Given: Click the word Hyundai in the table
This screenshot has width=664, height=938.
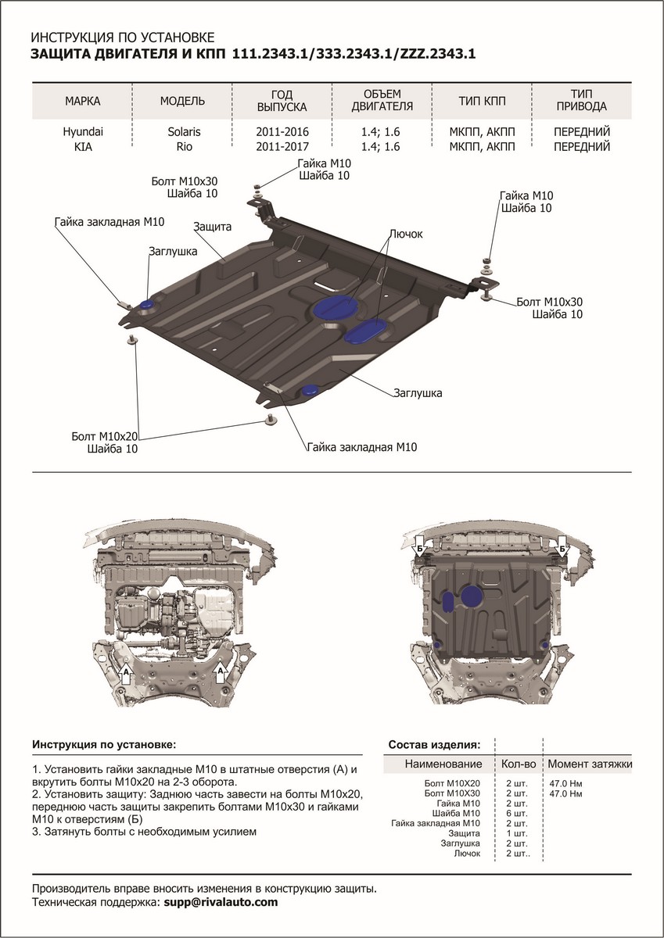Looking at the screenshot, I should coord(83,132).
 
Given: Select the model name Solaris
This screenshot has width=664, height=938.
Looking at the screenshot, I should coord(184,132).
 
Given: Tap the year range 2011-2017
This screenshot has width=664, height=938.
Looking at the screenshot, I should coord(282,147).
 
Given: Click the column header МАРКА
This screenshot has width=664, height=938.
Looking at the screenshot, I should coord(83,102).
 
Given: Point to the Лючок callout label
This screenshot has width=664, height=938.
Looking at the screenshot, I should coord(405,234).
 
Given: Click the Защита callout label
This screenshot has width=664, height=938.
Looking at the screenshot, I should coord(212,227).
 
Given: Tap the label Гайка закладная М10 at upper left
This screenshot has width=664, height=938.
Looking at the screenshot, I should coord(109,223).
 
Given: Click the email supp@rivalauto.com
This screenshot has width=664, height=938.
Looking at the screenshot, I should coord(221,902).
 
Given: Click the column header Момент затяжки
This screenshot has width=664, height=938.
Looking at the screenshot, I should coord(590,764).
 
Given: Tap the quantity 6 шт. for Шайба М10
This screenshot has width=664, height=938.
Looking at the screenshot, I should coord(518,814).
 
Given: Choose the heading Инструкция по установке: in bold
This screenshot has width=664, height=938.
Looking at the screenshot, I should coord(104,744).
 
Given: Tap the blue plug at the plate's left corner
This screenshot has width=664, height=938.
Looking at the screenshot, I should coord(146,303).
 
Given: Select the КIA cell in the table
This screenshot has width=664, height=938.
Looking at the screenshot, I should coord(83,147).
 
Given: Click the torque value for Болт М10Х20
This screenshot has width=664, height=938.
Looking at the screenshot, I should coord(566,783).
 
